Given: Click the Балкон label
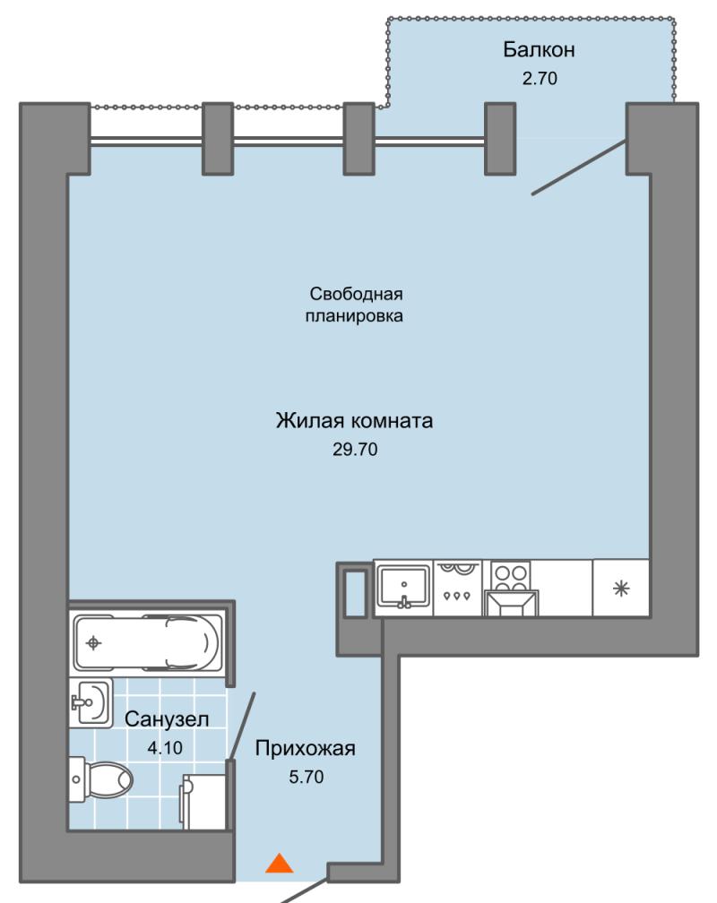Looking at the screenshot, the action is click(x=539, y=50).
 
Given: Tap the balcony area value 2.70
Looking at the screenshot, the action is click(x=540, y=78).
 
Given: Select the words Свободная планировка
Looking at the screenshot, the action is click(x=354, y=305).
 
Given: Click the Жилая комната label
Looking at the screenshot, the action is click(x=354, y=421).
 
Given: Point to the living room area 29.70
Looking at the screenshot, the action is click(x=355, y=449).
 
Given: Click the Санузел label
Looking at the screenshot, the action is click(x=167, y=719).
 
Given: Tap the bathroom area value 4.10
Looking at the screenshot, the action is click(x=165, y=747).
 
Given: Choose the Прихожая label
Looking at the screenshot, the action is click(x=306, y=749).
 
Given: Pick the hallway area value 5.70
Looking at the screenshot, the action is click(x=306, y=777).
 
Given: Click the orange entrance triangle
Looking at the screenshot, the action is click(x=280, y=864).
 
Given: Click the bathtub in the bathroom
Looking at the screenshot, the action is click(x=148, y=642).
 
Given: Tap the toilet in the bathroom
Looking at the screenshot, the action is click(x=100, y=779).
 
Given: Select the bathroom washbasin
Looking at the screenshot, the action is click(x=91, y=702).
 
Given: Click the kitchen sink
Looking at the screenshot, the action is click(x=403, y=586).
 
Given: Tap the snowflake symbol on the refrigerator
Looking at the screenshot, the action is click(x=621, y=589).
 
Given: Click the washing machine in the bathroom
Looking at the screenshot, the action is click(x=203, y=801).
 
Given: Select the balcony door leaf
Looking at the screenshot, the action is click(x=579, y=168).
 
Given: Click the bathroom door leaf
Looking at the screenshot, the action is click(x=242, y=727).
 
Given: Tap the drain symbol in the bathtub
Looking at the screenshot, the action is click(x=93, y=642).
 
